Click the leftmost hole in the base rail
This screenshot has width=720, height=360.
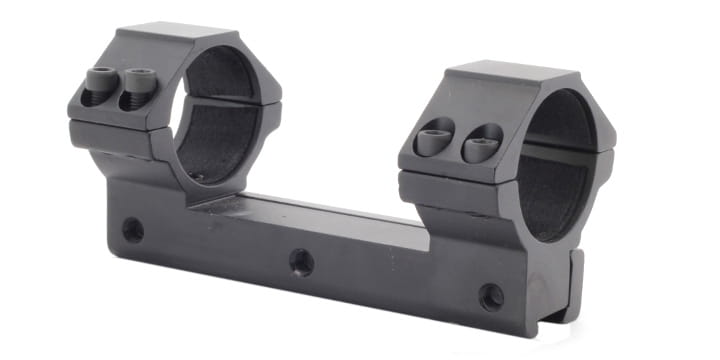click(x=132, y=230)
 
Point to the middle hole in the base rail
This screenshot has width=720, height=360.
click(x=301, y=262)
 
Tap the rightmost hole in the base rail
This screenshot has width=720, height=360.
click(x=491, y=296)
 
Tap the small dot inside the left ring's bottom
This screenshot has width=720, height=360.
click(x=197, y=177)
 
